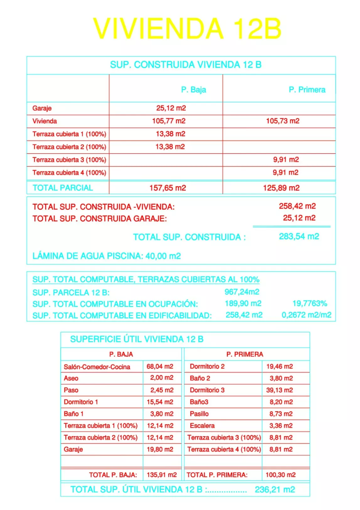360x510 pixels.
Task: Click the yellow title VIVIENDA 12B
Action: [187, 29]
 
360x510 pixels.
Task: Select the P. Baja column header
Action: [193, 90]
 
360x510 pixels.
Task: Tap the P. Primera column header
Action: [307, 90]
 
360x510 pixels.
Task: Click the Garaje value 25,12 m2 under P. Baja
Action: [171, 108]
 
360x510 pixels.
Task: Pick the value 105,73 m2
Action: [282, 121]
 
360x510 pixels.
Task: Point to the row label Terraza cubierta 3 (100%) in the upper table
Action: [69, 160]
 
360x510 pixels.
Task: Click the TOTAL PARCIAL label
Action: [63, 188]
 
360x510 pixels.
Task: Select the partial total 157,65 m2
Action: [168, 188]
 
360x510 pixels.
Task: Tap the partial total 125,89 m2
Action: [281, 188]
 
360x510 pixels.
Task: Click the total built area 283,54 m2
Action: [299, 236]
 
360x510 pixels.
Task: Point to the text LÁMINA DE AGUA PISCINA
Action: [88, 256]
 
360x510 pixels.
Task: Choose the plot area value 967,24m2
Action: [242, 292]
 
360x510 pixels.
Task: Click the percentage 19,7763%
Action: [309, 303]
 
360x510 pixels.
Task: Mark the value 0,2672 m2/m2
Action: [306, 315]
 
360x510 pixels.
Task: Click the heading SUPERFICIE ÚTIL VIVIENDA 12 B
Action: [137, 339]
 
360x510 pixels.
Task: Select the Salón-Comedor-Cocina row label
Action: [97, 367]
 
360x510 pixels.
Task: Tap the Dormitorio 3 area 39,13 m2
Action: [279, 390]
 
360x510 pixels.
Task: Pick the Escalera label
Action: [202, 426]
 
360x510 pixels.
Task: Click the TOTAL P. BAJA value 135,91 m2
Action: [162, 475]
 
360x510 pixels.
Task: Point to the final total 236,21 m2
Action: [275, 489]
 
